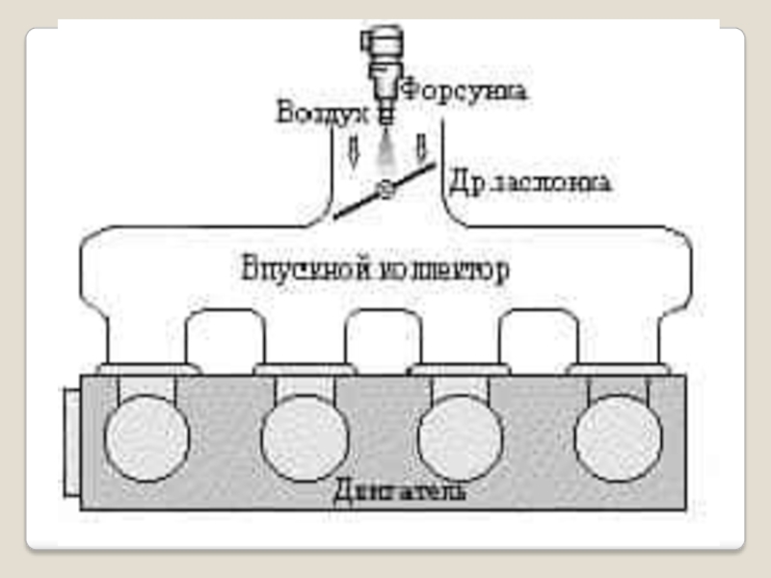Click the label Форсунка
tap(463, 92)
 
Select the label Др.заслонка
tap(529, 182)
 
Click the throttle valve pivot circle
tap(386, 190)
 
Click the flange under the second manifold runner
tap(303, 368)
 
